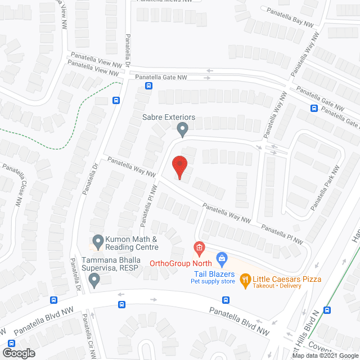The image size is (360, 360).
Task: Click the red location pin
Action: click(179, 168)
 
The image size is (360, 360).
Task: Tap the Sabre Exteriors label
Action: click(168, 117)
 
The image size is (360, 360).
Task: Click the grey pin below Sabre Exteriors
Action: click(182, 130)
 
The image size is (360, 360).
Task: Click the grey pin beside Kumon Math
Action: click(98, 242)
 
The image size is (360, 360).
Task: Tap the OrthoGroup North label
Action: click(181, 263)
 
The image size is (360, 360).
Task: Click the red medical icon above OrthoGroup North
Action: click(199, 247)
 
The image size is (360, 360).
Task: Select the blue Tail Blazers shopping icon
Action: click(222, 259)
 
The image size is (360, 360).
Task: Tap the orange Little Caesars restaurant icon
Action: click(245, 279)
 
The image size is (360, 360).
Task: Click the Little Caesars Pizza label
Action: click(287, 278)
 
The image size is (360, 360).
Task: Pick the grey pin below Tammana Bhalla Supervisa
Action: click(94, 280)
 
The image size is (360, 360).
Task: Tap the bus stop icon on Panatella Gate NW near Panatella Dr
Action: click(148, 85)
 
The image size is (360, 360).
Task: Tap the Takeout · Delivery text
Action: click(277, 286)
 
